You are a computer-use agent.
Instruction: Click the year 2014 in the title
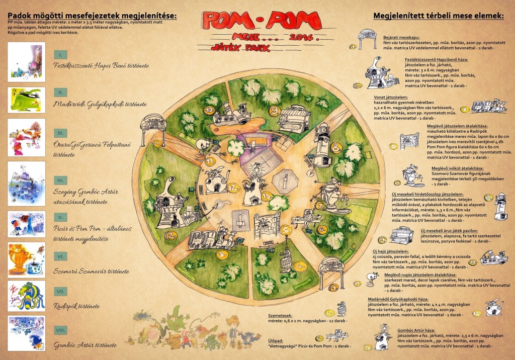pyautogui.click(x=301, y=37)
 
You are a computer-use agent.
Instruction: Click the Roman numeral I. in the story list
pyautogui.click(x=60, y=54)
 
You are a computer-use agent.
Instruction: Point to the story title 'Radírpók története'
pyautogui.click(x=76, y=306)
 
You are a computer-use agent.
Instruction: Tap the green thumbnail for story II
pyautogui.click(x=27, y=100)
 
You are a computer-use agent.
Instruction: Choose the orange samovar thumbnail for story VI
pyautogui.click(x=27, y=259)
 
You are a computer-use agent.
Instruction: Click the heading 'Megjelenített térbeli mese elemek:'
pyautogui.click(x=438, y=16)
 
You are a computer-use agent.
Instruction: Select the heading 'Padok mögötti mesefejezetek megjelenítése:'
pyautogui.click(x=92, y=16)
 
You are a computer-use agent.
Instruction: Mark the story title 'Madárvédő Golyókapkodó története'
pyautogui.click(x=100, y=104)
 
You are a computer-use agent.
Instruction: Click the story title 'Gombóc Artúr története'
pyautogui.click(x=85, y=345)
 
